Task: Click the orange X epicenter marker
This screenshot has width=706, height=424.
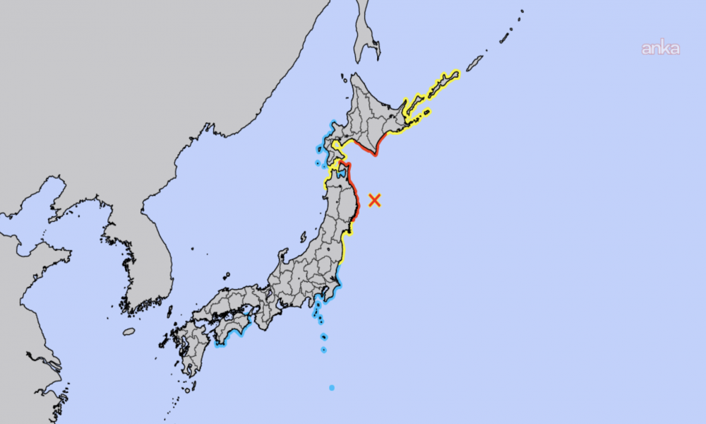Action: pos(375,200)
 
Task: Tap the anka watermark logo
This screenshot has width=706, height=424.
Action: pos(660,49)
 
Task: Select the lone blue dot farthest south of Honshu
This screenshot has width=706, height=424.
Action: pos(332,387)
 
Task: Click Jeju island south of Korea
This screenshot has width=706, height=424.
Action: pos(128,331)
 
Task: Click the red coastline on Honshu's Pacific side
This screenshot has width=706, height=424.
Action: pos(357,201)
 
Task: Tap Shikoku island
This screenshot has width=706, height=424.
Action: pos(234,325)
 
